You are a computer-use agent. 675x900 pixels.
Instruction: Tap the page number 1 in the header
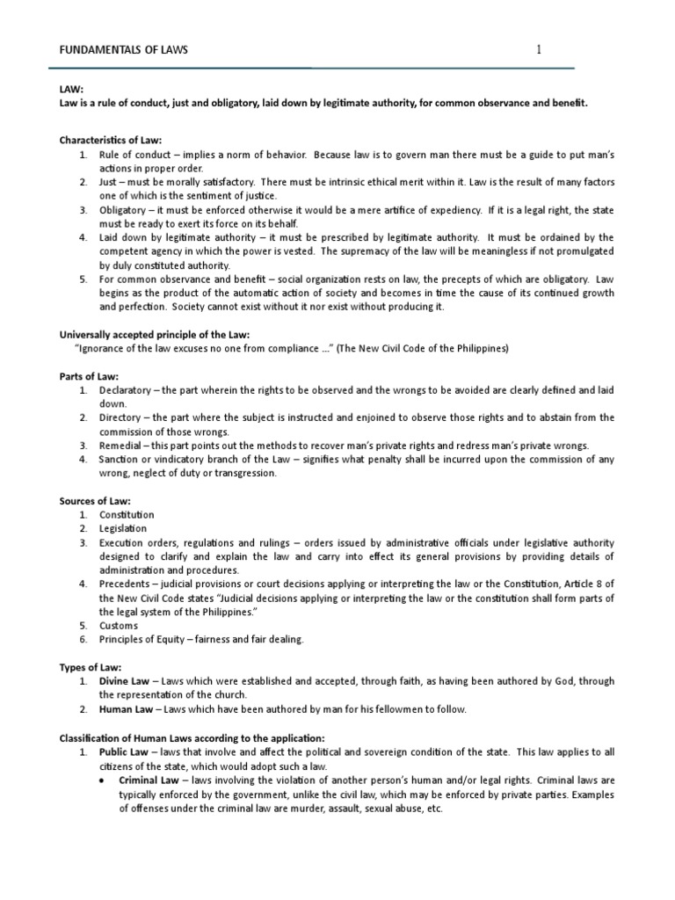click(539, 50)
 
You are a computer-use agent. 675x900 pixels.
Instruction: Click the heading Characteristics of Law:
click(111, 140)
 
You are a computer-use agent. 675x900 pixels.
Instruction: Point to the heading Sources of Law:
click(94, 500)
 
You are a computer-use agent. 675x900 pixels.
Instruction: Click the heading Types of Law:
click(90, 667)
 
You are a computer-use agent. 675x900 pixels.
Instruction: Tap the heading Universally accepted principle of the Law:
click(154, 334)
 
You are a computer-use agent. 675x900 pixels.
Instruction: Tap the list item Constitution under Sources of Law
click(127, 515)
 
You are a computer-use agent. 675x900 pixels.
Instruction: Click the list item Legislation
click(123, 529)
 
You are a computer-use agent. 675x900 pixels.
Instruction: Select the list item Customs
click(119, 626)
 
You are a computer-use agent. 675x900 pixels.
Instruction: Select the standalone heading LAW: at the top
click(70, 89)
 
